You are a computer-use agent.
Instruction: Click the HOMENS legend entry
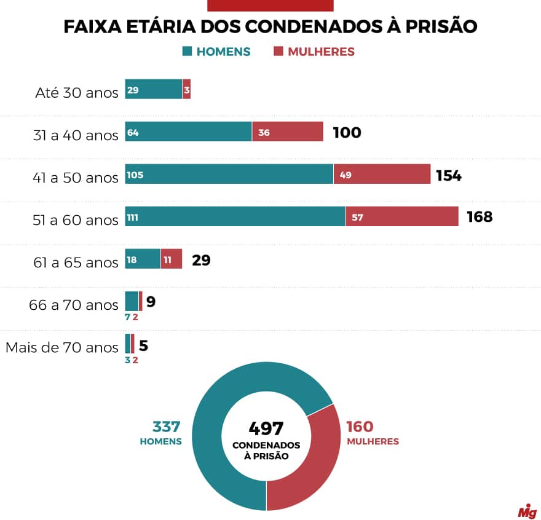pyautogui.click(x=216, y=52)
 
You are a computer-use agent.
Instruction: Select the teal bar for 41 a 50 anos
pyautogui.click(x=229, y=174)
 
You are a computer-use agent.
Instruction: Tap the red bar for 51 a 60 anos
pyautogui.click(x=401, y=216)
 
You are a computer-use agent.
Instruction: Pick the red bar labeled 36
pyautogui.click(x=287, y=132)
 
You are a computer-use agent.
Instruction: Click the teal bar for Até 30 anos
pyautogui.click(x=153, y=89)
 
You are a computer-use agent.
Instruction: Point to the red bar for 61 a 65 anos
pyautogui.click(x=171, y=259)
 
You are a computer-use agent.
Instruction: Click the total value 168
pyautogui.click(x=480, y=217)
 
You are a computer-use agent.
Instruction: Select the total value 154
pyautogui.click(x=448, y=175)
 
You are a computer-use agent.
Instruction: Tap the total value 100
pyautogui.click(x=347, y=133)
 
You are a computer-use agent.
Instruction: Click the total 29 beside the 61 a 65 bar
pyautogui.click(x=201, y=260)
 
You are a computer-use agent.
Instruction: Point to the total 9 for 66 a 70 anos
pyautogui.click(x=151, y=302)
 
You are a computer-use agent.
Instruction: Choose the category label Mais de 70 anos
pyautogui.click(x=61, y=347)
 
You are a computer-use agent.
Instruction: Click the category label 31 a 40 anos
pyautogui.click(x=76, y=135)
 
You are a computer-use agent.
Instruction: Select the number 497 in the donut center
pyautogui.click(x=266, y=428)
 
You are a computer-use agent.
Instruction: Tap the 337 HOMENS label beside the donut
pyautogui.click(x=161, y=433)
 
